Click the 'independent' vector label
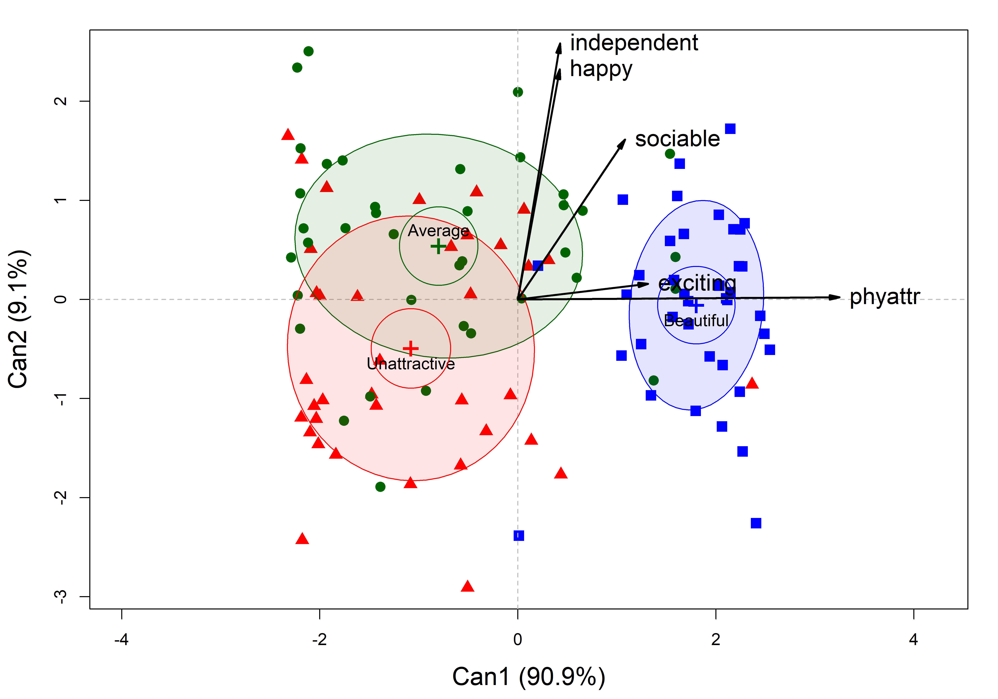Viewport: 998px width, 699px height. [634, 43]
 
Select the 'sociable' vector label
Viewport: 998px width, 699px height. [677, 139]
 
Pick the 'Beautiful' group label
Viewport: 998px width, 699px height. [696, 321]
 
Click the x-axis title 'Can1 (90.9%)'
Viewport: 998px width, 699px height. [529, 677]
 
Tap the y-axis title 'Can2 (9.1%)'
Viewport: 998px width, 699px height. [18, 319]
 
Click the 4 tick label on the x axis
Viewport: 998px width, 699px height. [913, 639]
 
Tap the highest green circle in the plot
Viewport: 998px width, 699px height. [308, 51]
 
